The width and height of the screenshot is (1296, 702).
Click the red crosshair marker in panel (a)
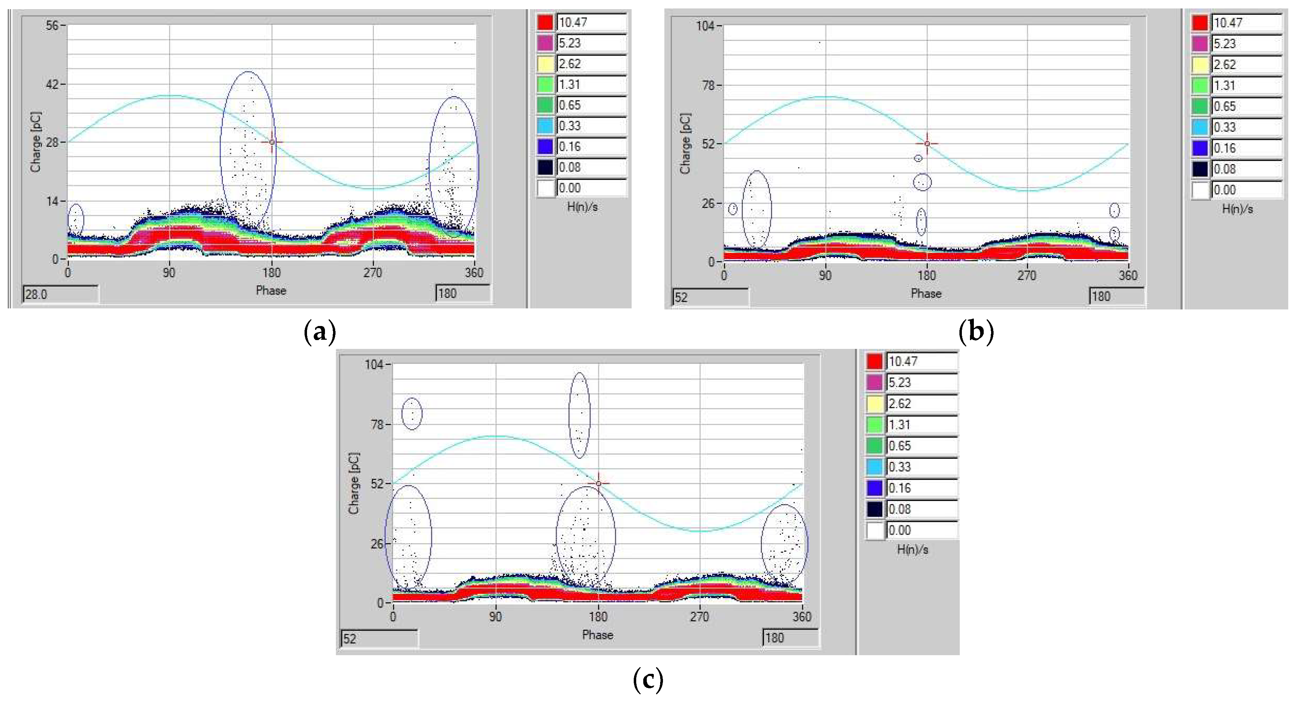(x=272, y=143)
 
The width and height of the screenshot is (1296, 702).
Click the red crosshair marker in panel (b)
(x=927, y=144)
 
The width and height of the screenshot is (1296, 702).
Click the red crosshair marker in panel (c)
(x=598, y=484)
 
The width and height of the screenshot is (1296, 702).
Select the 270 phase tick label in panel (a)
(x=373, y=273)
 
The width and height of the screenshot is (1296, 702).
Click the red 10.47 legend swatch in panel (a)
(x=545, y=23)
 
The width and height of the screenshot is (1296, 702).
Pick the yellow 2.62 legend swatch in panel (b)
(x=1200, y=65)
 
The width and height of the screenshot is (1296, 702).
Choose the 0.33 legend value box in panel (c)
(x=921, y=467)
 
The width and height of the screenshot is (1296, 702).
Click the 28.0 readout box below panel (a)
(x=60, y=294)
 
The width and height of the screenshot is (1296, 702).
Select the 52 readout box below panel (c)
(x=378, y=639)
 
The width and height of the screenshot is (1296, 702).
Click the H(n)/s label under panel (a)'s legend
(x=582, y=207)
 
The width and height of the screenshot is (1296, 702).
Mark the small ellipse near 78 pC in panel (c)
(x=412, y=414)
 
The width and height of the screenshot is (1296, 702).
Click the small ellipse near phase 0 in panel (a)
(x=75, y=219)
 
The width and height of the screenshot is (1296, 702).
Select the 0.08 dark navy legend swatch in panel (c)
(x=875, y=509)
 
